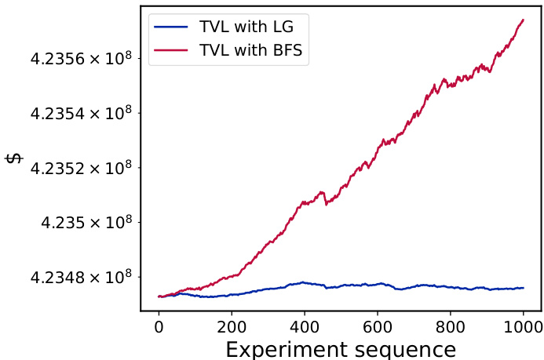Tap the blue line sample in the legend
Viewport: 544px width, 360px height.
(x=171, y=27)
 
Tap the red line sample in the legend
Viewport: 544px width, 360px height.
(x=171, y=51)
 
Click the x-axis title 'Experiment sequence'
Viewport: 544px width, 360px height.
(x=341, y=348)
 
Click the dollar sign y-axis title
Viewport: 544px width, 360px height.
(x=14, y=158)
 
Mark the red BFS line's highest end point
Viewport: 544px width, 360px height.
(x=524, y=20)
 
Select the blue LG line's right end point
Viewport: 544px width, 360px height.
(x=524, y=288)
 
